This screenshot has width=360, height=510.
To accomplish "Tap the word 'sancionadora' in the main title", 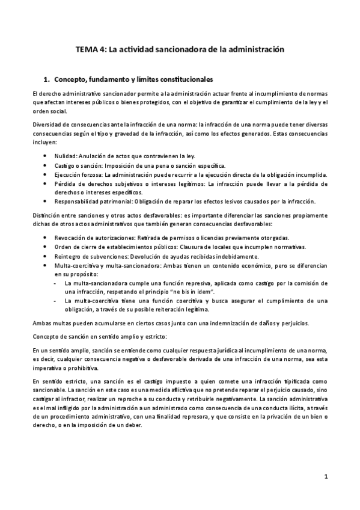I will (x=179, y=51).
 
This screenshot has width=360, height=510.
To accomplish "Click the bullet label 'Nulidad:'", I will (x=66, y=155).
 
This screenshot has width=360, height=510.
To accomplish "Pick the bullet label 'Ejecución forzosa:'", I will (x=78, y=174).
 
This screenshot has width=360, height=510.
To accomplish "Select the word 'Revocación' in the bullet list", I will (x=72, y=238).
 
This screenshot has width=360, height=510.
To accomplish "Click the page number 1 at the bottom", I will (x=325, y=478).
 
